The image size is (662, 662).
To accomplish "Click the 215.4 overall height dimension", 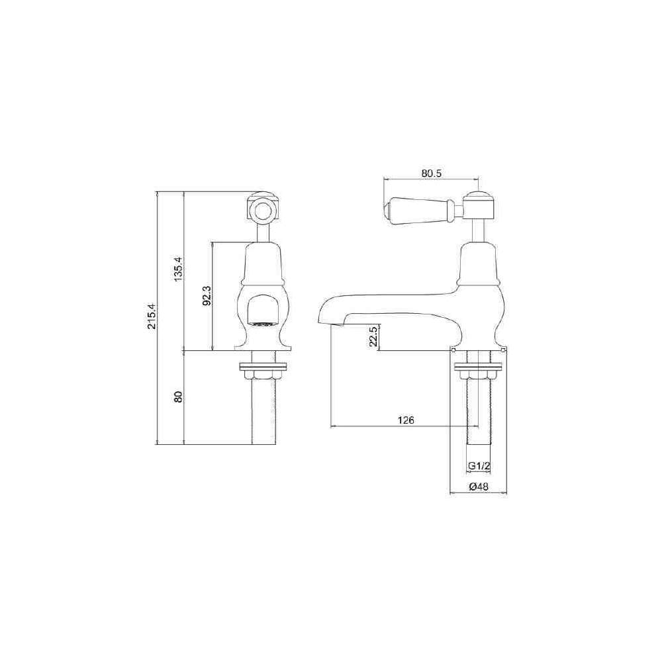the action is point(152,316).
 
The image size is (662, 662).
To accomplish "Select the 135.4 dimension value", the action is point(178,269).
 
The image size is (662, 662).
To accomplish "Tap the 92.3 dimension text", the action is point(207,295).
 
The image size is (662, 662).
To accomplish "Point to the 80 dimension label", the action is point(178,397).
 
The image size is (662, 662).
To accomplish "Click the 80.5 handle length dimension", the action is point(431,173).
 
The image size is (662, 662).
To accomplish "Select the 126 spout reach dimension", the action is point(406,420).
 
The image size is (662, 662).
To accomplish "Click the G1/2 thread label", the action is point(479,466).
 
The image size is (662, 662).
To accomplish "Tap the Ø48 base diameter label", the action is point(479,487).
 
